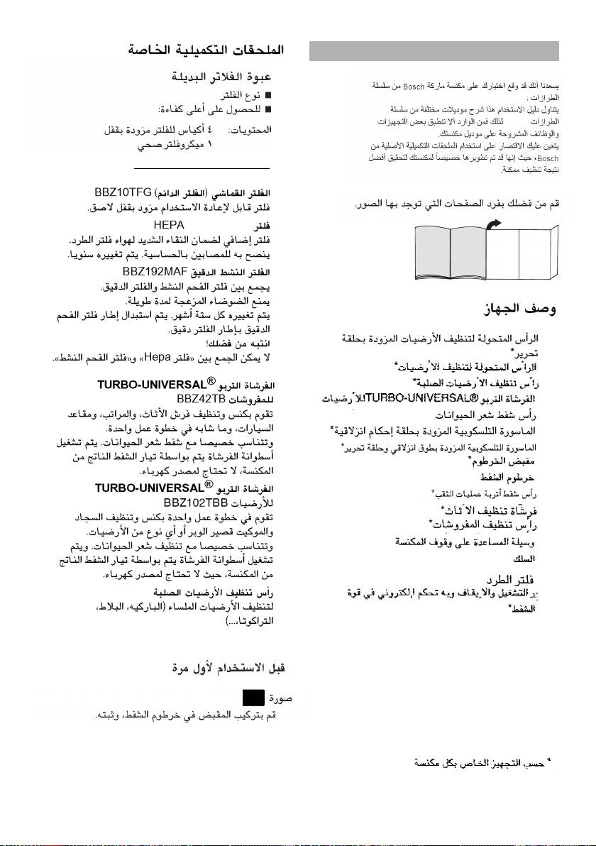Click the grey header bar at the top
click(435, 51)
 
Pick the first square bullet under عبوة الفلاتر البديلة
click(270, 94)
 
